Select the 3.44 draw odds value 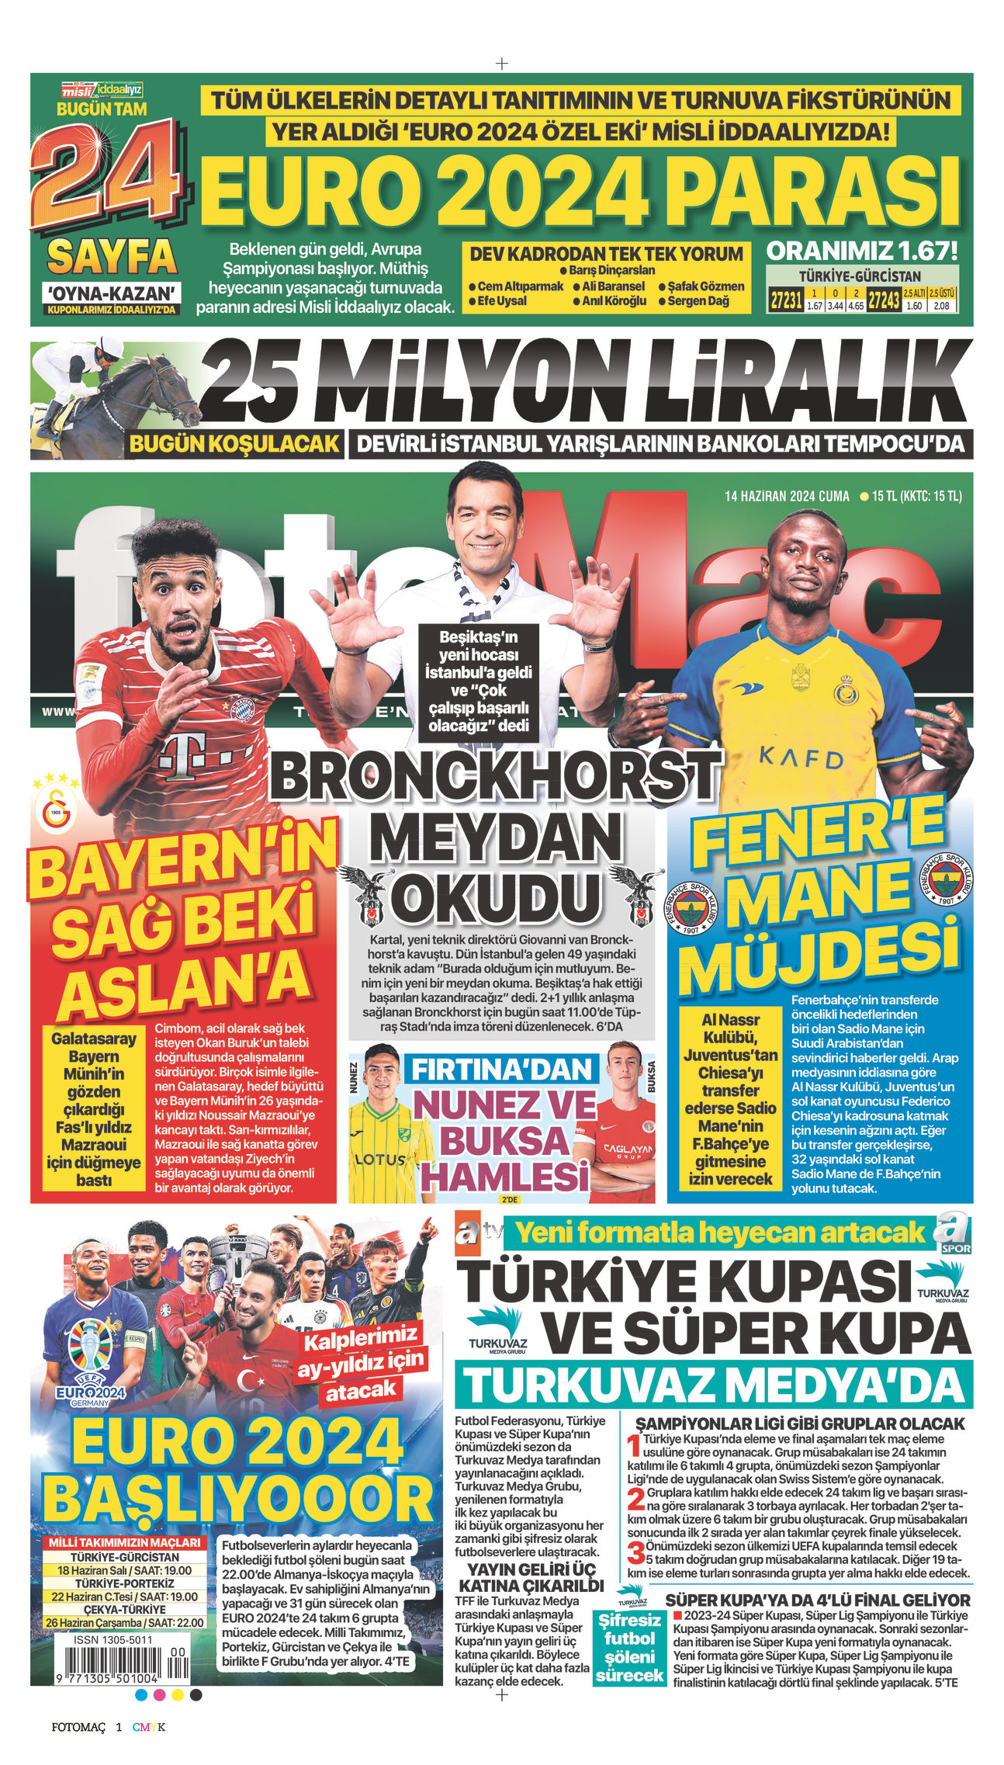[x=835, y=306]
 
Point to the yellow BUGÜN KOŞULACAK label [x=234, y=444]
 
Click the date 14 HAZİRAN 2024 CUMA [x=787, y=496]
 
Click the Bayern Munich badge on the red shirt [x=242, y=708]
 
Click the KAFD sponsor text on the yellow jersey [x=801, y=757]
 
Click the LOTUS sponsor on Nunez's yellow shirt [x=380, y=1160]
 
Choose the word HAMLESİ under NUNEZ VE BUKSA [x=504, y=1177]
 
